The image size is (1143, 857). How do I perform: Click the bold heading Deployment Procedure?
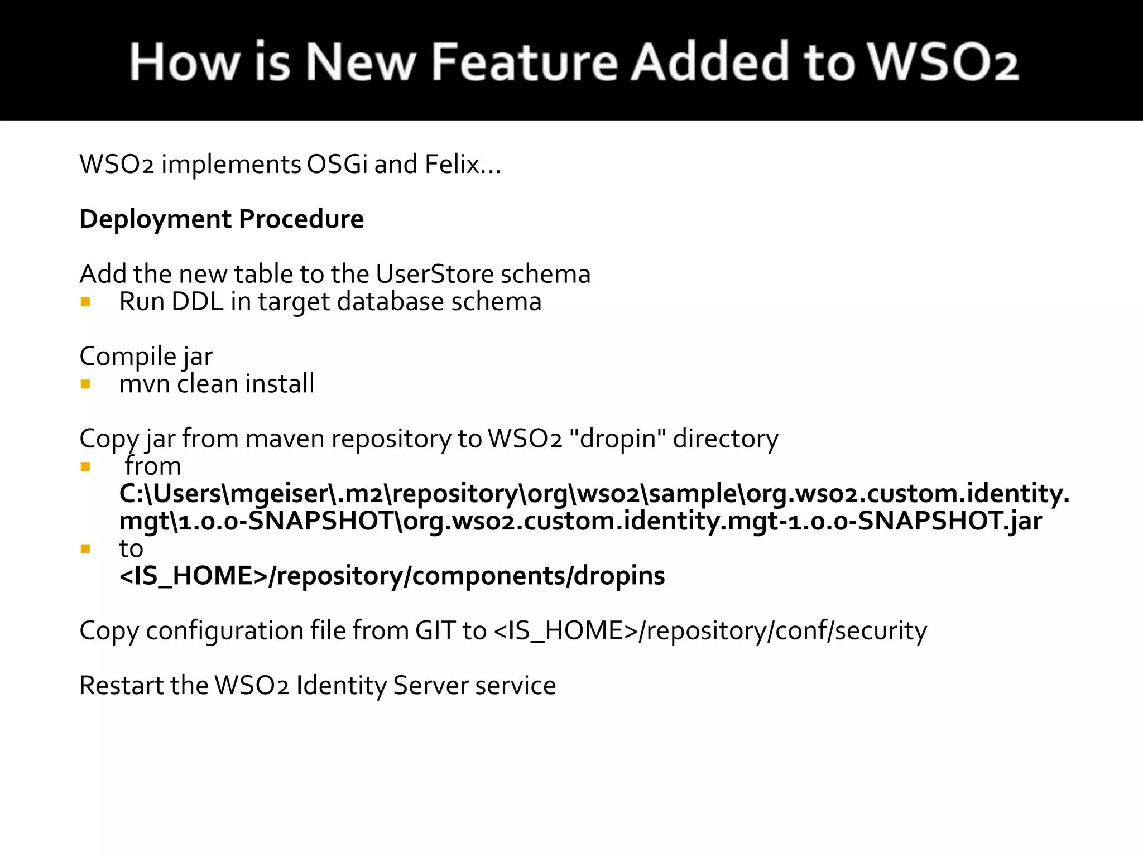pyautogui.click(x=222, y=219)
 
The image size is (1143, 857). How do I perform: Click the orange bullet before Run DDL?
pyautogui.click(x=85, y=302)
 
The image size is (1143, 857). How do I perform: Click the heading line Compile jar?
pyautogui.click(x=146, y=357)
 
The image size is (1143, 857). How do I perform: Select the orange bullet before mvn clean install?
pyautogui.click(x=85, y=384)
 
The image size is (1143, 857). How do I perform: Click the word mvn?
pyautogui.click(x=145, y=384)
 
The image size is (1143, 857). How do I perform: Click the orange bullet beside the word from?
pyautogui.click(x=85, y=466)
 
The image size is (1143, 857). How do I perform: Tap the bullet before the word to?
pyautogui.click(x=85, y=549)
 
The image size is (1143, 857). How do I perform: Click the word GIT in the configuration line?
pyautogui.click(x=435, y=631)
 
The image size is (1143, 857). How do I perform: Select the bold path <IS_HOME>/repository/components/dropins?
pyautogui.click(x=392, y=576)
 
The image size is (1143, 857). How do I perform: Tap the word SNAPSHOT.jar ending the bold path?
pyautogui.click(x=949, y=521)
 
